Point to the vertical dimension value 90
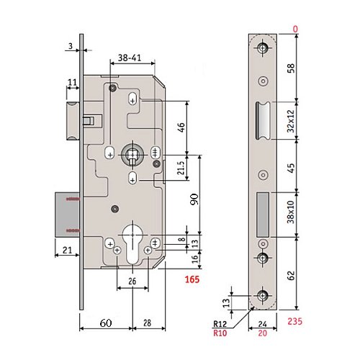point(194,199)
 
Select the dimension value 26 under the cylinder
point(132,282)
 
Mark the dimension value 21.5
point(181,168)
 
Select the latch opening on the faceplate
point(261,122)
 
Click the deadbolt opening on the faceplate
point(263,214)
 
